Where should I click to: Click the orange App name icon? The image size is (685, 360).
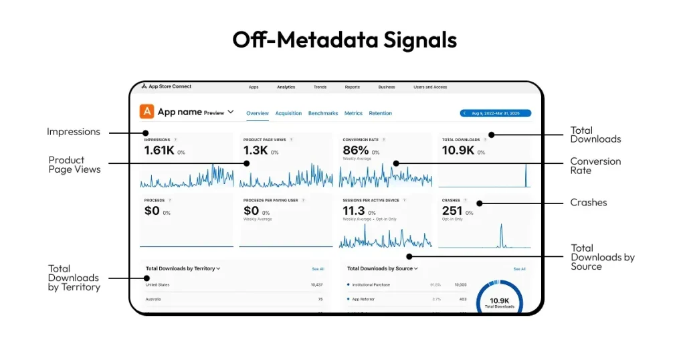[146, 112]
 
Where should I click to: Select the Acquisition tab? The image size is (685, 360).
[288, 114]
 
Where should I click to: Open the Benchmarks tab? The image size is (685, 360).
[323, 114]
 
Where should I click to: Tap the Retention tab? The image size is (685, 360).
[381, 114]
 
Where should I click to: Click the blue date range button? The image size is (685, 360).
[495, 113]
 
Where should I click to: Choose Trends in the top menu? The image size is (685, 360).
[320, 87]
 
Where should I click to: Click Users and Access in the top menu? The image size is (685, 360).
[430, 87]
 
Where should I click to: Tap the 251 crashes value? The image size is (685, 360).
[452, 211]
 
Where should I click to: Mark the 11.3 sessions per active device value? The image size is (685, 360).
[354, 211]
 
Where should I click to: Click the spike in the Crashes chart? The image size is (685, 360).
[501, 236]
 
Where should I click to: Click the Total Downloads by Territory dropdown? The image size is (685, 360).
[183, 268]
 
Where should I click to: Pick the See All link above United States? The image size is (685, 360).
[318, 269]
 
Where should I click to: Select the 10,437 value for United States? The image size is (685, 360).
[316, 284]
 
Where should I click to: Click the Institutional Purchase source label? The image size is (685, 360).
[371, 284]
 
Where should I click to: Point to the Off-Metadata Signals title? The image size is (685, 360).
[345, 40]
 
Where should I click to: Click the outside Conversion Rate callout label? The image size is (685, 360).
[595, 166]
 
